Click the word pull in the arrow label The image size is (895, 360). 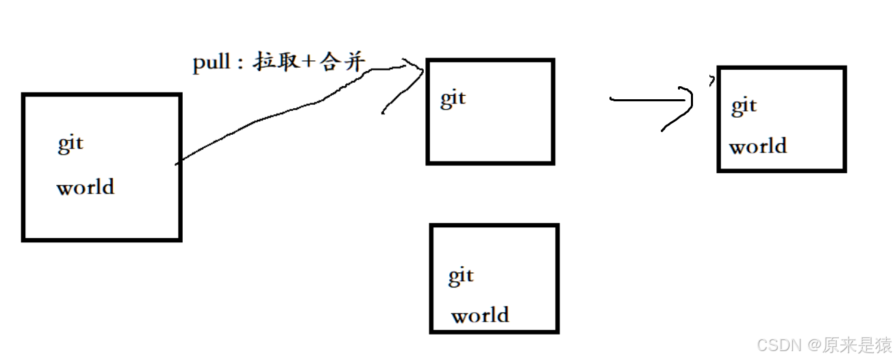pyautogui.click(x=210, y=64)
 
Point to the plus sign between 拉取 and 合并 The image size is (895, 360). pyautogui.click(x=308, y=63)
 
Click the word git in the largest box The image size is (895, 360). pyautogui.click(x=70, y=144)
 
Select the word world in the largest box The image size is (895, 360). pyautogui.click(x=85, y=187)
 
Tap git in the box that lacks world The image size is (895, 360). pyautogui.click(x=453, y=99)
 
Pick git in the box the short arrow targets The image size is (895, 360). pyautogui.click(x=744, y=106)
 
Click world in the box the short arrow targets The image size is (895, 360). pyautogui.click(x=757, y=146)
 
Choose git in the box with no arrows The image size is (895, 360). pyautogui.click(x=461, y=276)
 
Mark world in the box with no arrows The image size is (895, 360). pyautogui.click(x=480, y=315)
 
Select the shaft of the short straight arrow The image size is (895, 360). pyautogui.click(x=644, y=99)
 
